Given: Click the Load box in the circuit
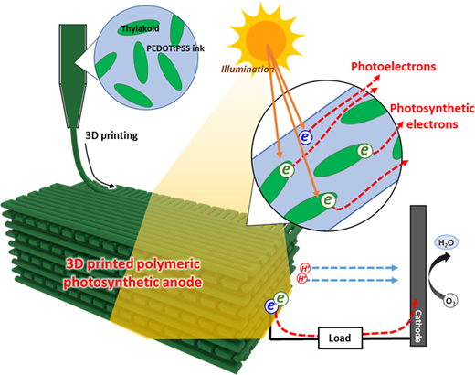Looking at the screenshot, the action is [341, 337].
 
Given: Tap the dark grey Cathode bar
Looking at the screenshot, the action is [418, 275].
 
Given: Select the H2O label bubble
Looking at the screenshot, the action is [446, 243].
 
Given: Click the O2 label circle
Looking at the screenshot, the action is [450, 301].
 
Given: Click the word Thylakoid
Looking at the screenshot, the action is [141, 29].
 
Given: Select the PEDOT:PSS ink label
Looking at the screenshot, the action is [175, 48].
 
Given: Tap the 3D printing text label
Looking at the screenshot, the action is [111, 135].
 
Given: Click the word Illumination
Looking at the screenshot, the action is [248, 70].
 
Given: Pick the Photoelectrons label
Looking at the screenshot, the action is [394, 67].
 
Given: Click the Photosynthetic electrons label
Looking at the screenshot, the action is [432, 116].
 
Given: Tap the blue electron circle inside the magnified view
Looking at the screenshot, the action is [306, 136].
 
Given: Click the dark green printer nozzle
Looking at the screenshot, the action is [72, 76].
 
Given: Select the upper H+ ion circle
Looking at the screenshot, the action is [305, 269].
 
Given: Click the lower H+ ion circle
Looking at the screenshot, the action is [302, 279].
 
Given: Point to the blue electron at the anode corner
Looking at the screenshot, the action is [270, 305].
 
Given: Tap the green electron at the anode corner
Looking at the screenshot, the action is [281, 299].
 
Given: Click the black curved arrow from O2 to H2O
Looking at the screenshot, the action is [432, 276].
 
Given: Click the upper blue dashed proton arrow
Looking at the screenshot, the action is [355, 268].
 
